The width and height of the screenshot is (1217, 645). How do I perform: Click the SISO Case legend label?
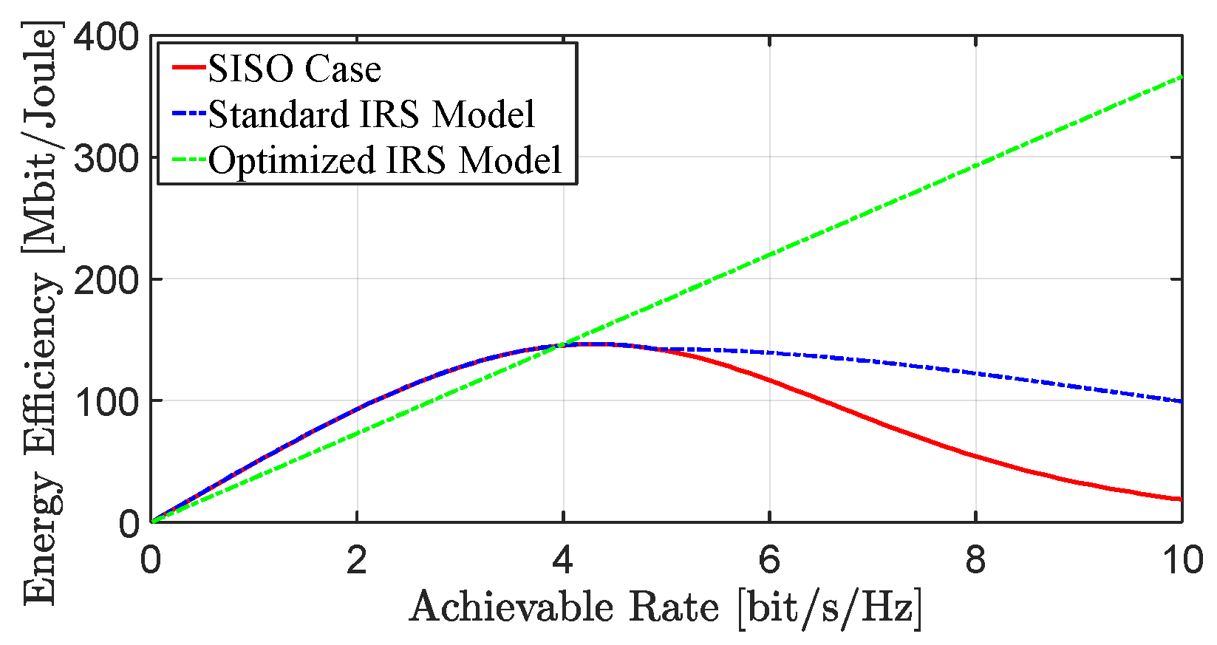294,69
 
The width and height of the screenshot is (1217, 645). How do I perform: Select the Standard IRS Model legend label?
371,115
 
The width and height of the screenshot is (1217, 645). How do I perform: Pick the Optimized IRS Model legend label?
385,160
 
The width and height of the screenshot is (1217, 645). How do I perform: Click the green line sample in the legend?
188,160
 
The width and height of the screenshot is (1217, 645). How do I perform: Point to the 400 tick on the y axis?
106,36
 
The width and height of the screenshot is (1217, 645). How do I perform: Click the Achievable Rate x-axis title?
666,609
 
